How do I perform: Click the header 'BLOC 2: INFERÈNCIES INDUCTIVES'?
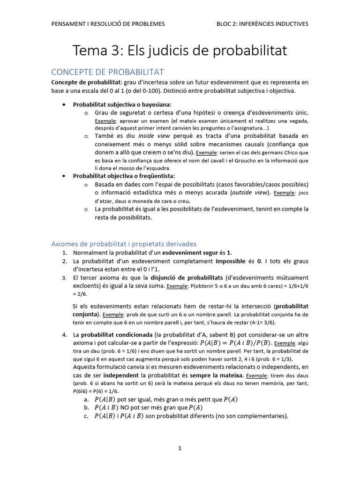pos(262,24)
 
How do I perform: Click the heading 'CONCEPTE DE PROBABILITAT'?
pos(107,72)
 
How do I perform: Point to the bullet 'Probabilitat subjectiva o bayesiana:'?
pos(122,105)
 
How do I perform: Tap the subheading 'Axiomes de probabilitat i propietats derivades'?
pos(124,244)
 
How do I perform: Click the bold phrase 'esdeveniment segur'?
pos(190,253)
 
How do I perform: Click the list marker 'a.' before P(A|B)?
pos(86,399)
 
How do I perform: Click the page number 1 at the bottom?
pos(180,448)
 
